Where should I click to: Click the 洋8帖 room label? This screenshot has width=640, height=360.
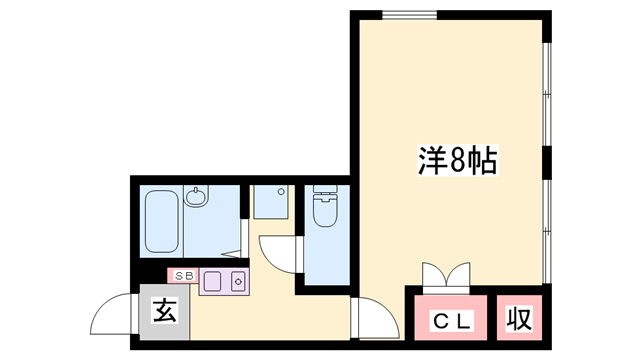point(457,161)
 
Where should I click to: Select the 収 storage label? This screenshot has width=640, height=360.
point(518,321)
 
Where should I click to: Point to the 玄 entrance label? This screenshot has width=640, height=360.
point(164,312)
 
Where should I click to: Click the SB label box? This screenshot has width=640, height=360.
point(183,274)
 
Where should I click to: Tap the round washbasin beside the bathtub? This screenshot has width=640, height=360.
point(196,197)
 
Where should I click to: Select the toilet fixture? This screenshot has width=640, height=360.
point(324,210)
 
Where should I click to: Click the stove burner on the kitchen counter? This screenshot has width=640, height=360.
point(239,281)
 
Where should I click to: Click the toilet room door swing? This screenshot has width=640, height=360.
point(281,251)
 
